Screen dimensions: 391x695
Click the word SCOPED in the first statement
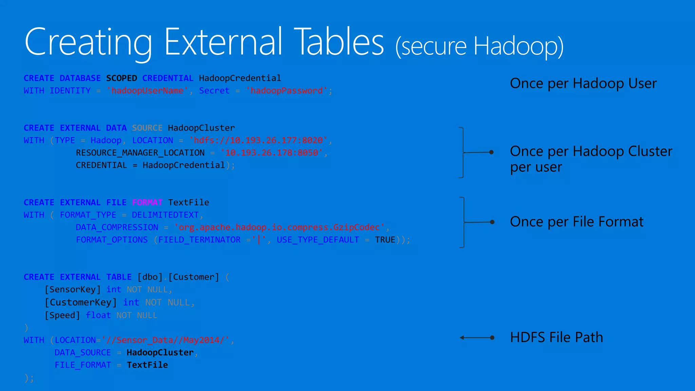(121, 78)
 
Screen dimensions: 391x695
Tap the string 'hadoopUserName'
(147, 91)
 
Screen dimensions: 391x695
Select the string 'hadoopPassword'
(287, 91)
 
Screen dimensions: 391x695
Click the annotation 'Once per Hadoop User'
(583, 83)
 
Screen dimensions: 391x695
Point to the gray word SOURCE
(147, 128)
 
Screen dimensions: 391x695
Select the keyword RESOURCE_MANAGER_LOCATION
(140, 153)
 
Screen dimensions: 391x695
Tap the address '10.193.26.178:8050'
(271, 153)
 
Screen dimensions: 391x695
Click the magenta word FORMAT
(147, 203)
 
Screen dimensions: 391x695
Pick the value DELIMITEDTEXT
(165, 215)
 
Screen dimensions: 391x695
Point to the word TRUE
(385, 240)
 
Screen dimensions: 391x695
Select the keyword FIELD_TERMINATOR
(199, 240)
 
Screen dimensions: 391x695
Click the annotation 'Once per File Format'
(576, 222)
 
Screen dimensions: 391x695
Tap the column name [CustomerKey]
(81, 302)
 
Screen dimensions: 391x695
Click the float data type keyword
(98, 315)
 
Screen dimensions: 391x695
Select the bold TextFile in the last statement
(147, 365)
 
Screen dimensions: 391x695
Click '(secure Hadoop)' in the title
(479, 46)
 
